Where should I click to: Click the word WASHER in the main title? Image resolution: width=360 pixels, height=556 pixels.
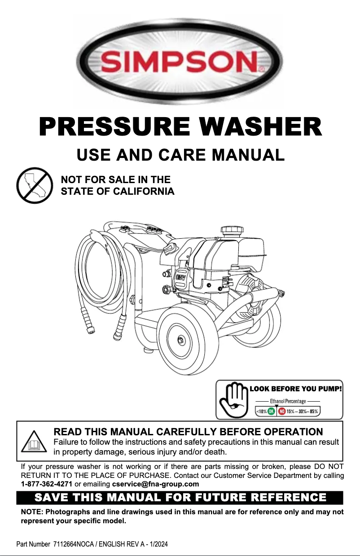pos(260,127)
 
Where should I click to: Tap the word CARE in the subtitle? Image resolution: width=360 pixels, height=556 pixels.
pos(182,155)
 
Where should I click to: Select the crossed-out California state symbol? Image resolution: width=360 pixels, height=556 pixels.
pos(35,185)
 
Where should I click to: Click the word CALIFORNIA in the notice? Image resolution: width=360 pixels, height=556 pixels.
pos(144,191)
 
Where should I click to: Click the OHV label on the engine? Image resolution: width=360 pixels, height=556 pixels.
pos(180,277)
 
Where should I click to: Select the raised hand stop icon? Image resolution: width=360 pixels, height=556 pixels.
pos(234,400)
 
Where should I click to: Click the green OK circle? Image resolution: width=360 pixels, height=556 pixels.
pos(272,412)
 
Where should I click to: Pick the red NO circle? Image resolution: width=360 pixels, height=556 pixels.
pos(282,412)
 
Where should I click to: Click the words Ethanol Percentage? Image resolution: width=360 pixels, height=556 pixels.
pos(288,401)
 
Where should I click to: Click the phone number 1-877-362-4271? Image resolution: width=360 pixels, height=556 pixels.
pos(46,484)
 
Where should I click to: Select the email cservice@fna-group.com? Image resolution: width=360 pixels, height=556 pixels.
pos(155,484)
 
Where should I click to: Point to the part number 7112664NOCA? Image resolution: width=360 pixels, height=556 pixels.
pos(74,544)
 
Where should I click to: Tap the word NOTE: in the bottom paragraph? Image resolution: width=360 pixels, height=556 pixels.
pos(31,512)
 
